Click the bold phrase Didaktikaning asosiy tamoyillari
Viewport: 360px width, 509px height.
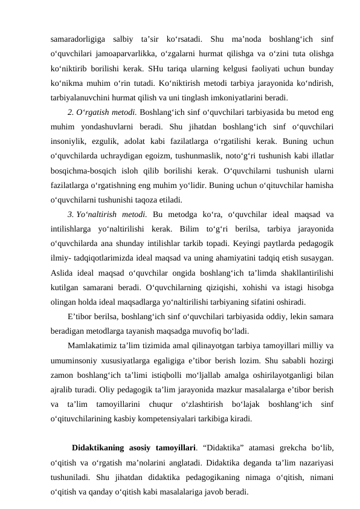(x=133, y=449)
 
